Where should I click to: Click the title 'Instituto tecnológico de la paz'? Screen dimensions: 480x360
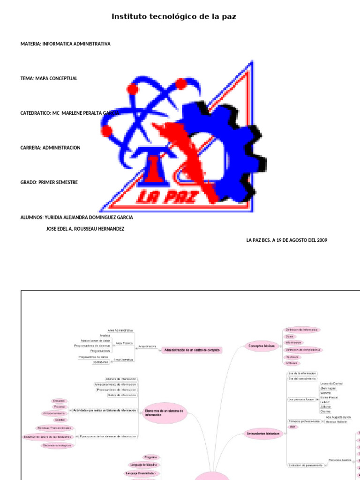pos(173,17)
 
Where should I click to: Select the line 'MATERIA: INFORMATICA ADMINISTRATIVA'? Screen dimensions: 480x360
pos(66,44)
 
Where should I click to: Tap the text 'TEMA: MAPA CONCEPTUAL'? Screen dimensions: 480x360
pos(49,79)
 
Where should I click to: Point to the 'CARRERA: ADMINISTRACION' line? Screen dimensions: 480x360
pos(51,148)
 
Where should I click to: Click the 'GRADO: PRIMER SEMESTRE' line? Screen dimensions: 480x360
pos(49,182)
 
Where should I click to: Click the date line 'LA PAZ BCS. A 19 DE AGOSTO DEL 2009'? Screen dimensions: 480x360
pos(287,240)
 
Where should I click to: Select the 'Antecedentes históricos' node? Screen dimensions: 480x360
pos(263,434)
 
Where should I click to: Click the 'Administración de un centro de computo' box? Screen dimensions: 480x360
pos(191,350)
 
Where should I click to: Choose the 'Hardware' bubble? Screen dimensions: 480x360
pos(292,356)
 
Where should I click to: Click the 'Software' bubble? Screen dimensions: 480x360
pos(292,363)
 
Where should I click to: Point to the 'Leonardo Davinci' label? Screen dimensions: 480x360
pos(331,383)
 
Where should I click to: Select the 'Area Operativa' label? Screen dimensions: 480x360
pos(124,360)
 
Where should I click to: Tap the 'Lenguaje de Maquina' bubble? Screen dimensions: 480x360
pos(144,465)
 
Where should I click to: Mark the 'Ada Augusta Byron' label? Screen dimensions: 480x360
pos(338,417)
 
